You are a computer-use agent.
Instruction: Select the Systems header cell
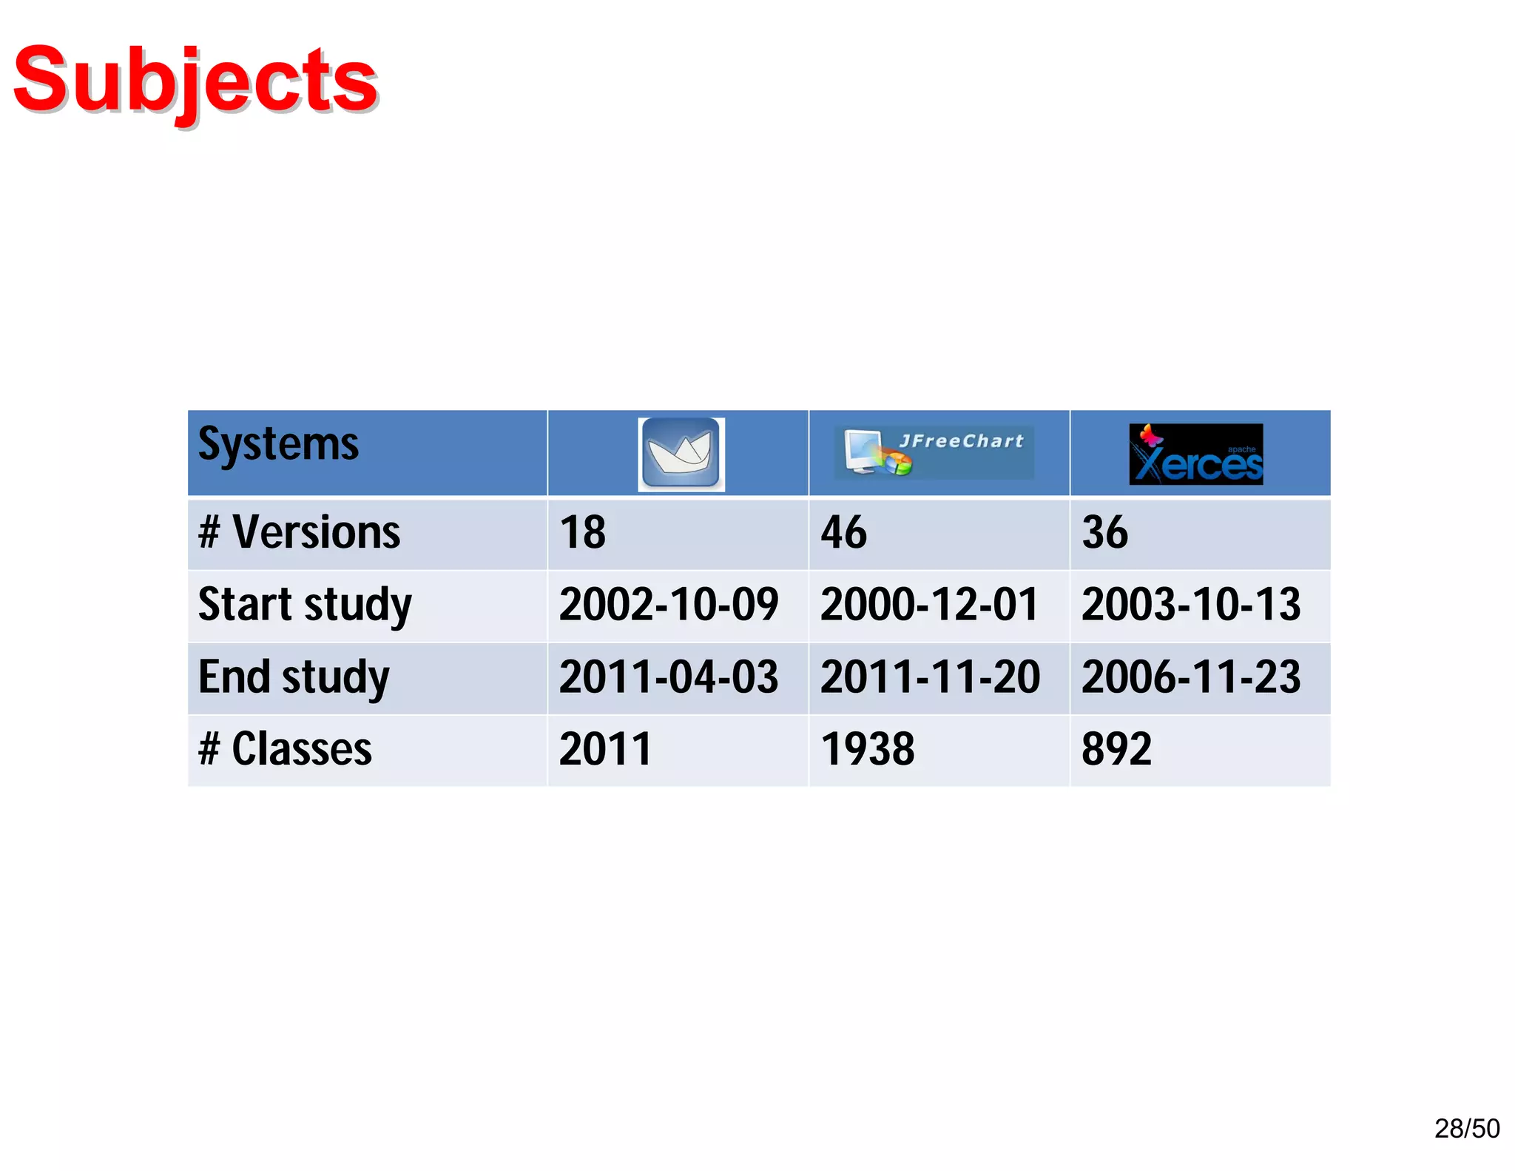coord(278,445)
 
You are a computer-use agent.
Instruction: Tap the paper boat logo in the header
coord(681,454)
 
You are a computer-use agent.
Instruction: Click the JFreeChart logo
coord(935,452)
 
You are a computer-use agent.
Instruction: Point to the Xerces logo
coord(1195,454)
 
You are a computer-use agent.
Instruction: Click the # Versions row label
coord(299,532)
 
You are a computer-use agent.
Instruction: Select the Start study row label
coord(305,605)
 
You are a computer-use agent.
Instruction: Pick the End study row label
coord(294,677)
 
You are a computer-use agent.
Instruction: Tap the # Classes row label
coord(285,749)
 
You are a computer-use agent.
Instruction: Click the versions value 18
coord(582,532)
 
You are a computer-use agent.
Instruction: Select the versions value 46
coord(843,532)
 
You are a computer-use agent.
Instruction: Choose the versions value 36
coord(1104,532)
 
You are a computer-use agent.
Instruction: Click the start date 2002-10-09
coord(669,605)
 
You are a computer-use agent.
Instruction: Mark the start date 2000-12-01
coord(930,605)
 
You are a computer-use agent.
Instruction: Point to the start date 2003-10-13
coord(1191,605)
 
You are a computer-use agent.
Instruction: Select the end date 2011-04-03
coord(669,677)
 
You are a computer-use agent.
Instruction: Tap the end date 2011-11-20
coord(930,677)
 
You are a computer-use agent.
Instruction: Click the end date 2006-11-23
coord(1191,677)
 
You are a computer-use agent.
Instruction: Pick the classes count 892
coord(1116,749)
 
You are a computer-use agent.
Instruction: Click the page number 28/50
coord(1466,1128)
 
